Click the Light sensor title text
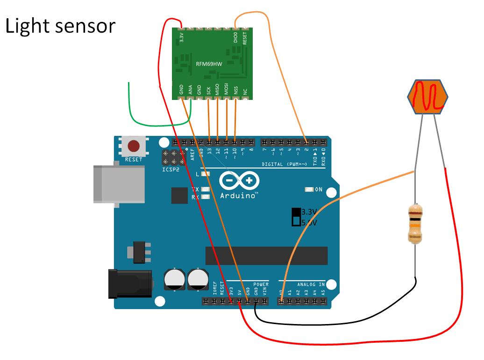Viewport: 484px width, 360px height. tap(60, 26)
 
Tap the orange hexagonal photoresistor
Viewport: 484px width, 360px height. tap(427, 97)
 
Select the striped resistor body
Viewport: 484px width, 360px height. tap(415, 224)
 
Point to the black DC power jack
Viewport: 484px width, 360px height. tap(129, 283)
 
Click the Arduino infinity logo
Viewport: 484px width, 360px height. tap(239, 181)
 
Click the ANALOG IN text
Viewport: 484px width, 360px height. tap(311, 284)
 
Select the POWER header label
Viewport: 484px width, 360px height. tap(261, 284)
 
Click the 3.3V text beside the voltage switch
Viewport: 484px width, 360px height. tap(309, 212)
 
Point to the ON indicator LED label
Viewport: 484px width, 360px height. tap(319, 190)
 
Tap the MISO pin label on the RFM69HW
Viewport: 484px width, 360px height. tap(217, 89)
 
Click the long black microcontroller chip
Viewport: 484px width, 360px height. tap(266, 255)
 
